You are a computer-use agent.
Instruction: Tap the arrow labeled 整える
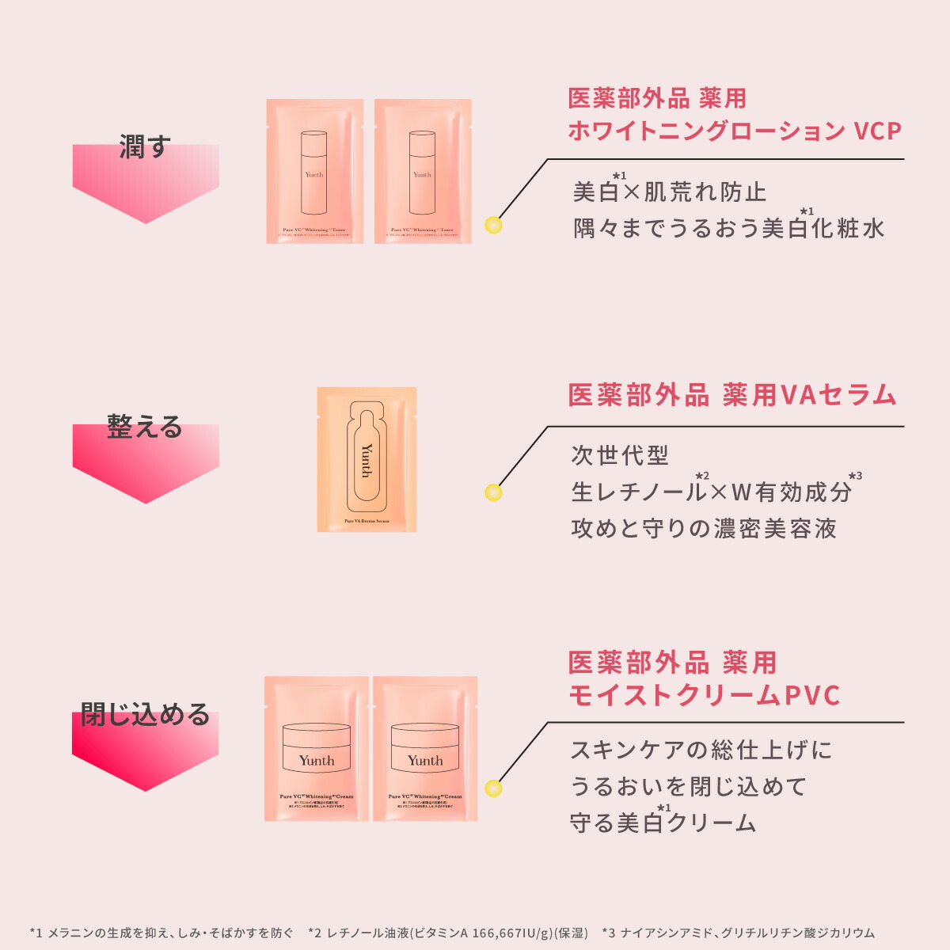click(146, 459)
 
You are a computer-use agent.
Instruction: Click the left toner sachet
click(314, 171)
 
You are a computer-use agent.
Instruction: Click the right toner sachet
click(423, 171)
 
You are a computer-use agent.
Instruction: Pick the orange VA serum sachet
click(367, 459)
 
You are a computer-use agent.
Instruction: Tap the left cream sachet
click(317, 748)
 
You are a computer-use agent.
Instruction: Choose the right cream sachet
click(425, 748)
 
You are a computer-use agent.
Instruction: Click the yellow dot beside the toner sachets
click(493, 225)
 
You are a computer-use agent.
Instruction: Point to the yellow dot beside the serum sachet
click(493, 493)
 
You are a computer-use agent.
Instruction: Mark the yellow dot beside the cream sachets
click(493, 788)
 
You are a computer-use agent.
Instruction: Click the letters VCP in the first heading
click(878, 131)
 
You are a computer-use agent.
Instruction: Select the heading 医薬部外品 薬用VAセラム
click(732, 395)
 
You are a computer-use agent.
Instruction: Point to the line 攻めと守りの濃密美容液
click(704, 528)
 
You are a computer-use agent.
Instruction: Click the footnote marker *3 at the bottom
click(609, 933)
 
